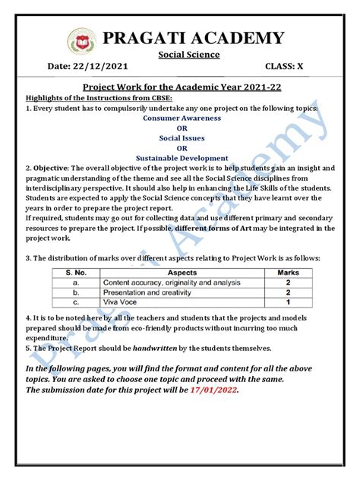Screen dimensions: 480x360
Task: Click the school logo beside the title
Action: click(x=81, y=41)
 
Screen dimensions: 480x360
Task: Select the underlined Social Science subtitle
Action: click(x=189, y=55)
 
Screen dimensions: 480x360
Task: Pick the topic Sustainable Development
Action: click(x=182, y=158)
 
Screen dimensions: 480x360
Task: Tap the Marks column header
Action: click(x=289, y=272)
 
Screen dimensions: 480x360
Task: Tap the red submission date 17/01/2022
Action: click(x=214, y=390)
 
